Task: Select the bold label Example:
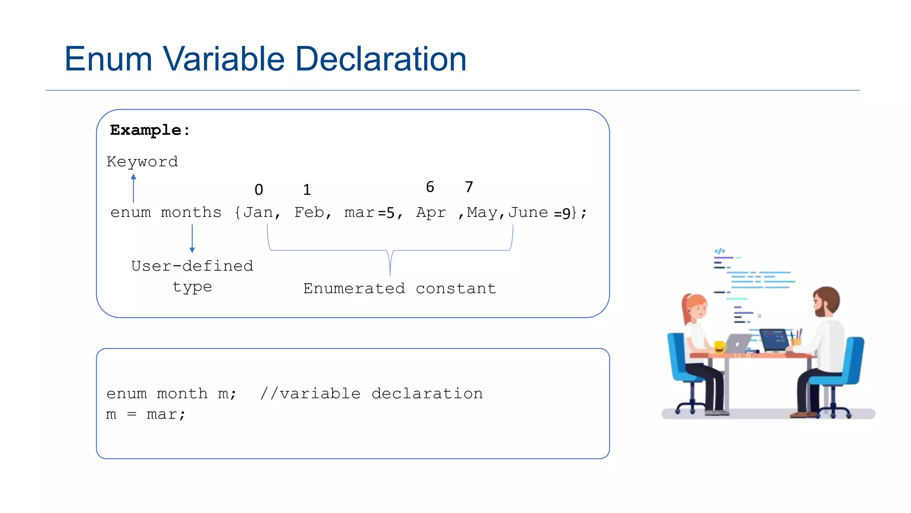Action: click(150, 130)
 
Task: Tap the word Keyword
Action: click(142, 162)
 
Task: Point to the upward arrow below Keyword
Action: click(133, 188)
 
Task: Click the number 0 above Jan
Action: click(259, 190)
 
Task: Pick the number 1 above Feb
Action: click(307, 190)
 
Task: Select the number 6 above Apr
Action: click(430, 187)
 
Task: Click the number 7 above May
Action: click(469, 187)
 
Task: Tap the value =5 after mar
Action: click(386, 213)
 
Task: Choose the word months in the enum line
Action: click(191, 212)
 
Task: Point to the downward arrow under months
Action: click(192, 239)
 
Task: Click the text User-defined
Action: click(192, 266)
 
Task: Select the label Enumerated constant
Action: click(399, 289)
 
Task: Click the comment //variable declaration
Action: click(371, 394)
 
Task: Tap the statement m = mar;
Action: click(146, 415)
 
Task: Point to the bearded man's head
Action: click(826, 301)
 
